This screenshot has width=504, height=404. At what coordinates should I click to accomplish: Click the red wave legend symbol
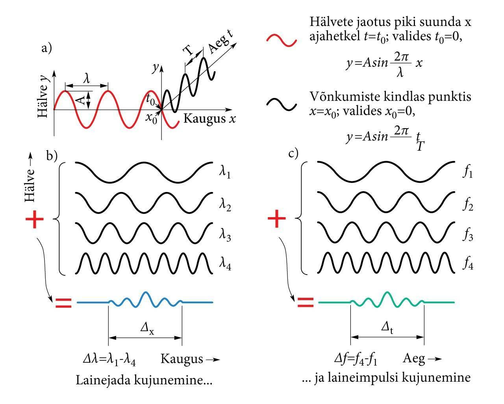(x=281, y=40)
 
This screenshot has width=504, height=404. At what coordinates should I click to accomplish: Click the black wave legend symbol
(x=281, y=103)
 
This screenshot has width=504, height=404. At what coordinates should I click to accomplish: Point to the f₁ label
(x=467, y=173)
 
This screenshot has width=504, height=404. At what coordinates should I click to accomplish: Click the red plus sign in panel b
(x=34, y=220)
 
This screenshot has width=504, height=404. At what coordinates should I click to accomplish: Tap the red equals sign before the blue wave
(x=63, y=303)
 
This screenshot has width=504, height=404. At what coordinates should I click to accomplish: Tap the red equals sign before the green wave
(x=305, y=303)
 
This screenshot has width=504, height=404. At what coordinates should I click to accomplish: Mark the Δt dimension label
(x=387, y=329)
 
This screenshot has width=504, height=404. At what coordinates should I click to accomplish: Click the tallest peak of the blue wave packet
(x=146, y=293)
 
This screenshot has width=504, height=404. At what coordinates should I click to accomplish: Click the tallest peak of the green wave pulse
(x=387, y=293)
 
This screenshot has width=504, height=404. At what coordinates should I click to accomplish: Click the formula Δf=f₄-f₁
(x=356, y=359)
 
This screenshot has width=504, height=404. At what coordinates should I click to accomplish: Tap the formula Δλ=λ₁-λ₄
(x=111, y=359)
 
